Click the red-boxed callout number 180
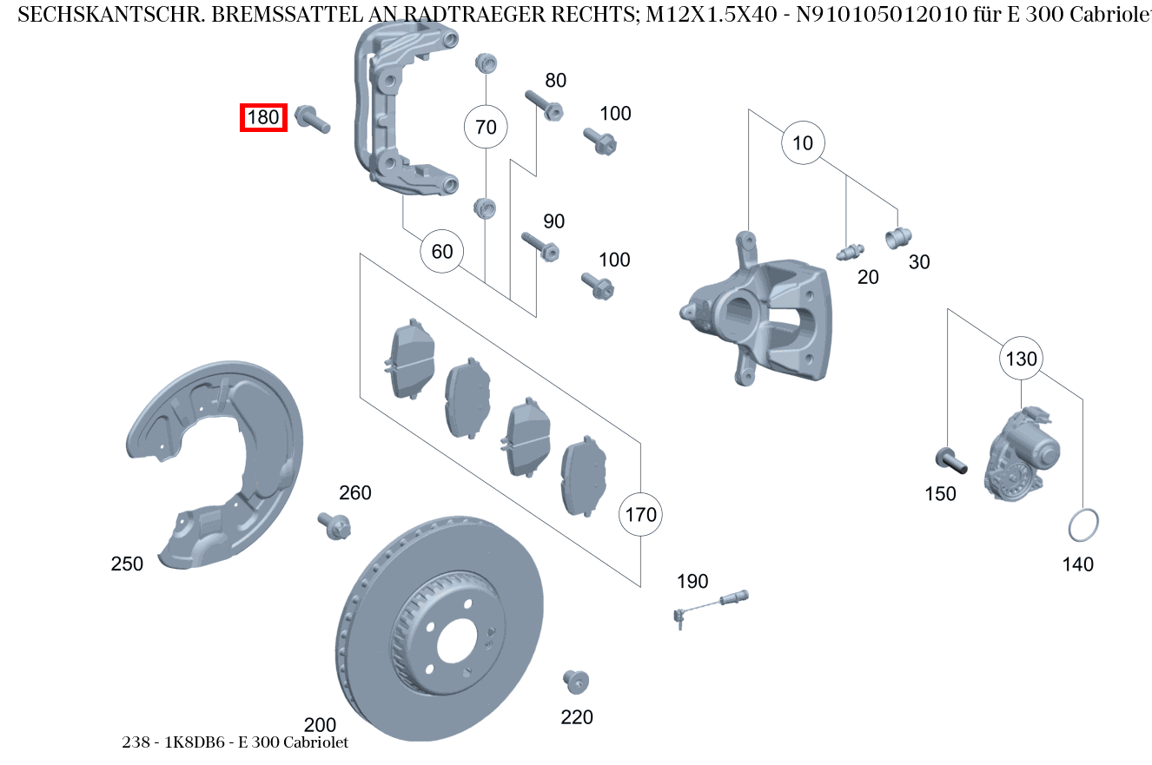coord(263,117)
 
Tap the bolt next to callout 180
coord(313,119)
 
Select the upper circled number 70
coord(486,128)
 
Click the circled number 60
coord(442,252)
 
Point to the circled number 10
coord(803,143)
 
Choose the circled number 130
coord(1022,359)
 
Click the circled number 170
coord(640,515)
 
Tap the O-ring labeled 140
coord(1082,524)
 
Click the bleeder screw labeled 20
coord(848,253)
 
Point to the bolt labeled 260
coord(334,524)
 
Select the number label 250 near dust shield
coord(127,564)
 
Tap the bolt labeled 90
coord(541,246)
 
